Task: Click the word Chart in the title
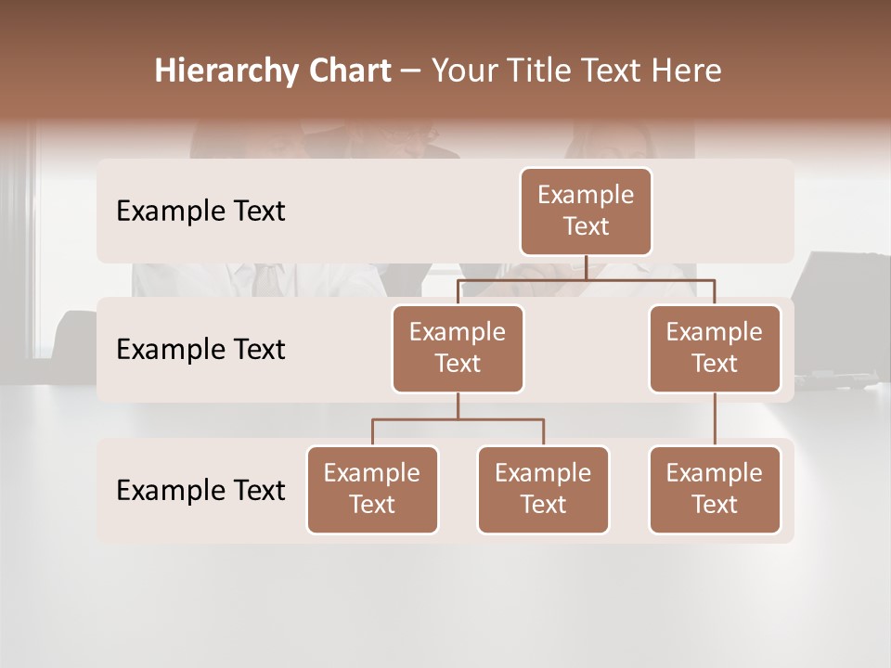[x=346, y=71]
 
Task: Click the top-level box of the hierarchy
[x=586, y=212]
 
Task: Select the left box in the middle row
[x=458, y=349]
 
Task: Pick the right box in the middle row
[x=715, y=349]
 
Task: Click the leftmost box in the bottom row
[x=372, y=490]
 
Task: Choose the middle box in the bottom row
[x=543, y=490]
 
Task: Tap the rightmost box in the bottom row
[x=715, y=490]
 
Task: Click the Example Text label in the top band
[x=200, y=212]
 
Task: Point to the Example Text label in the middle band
[x=200, y=350]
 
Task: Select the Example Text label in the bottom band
[x=200, y=490]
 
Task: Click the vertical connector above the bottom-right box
[x=715, y=419]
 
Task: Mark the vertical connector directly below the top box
[x=586, y=267]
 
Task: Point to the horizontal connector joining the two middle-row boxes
[x=586, y=279]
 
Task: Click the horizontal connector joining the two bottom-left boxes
[x=458, y=419]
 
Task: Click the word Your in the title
[x=462, y=71]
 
